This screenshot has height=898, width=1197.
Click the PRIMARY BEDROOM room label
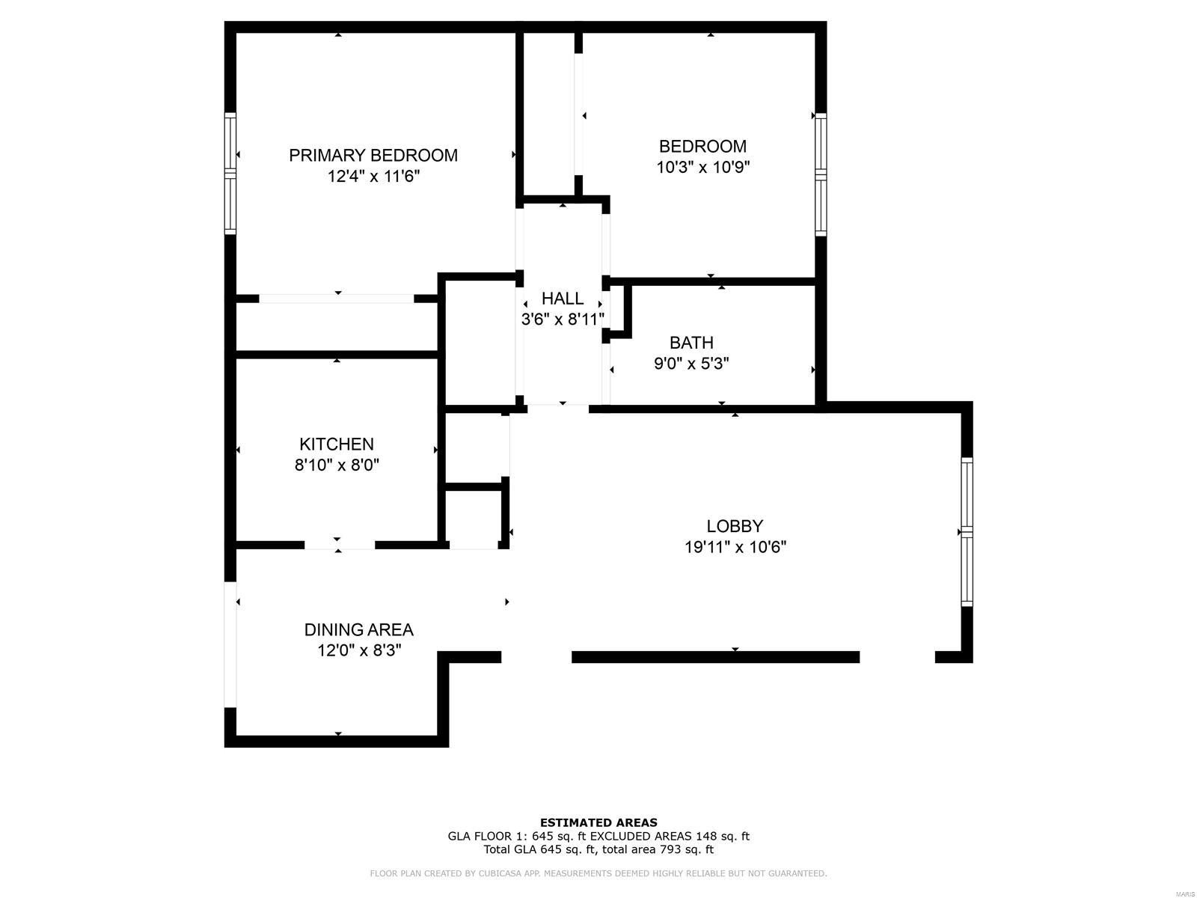(373, 156)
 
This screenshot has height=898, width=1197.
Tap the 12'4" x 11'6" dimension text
(373, 176)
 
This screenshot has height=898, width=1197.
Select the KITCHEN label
(337, 444)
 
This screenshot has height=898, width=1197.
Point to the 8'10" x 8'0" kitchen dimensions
(337, 465)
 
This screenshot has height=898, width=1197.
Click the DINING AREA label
(358, 630)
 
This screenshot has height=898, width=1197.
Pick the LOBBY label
(735, 526)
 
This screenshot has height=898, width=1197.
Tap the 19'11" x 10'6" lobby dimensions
(735, 547)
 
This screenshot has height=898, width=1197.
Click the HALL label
(563, 299)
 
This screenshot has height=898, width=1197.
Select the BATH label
(691, 343)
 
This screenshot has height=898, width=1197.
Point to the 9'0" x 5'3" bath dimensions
(691, 363)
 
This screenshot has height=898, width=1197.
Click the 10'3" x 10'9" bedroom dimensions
(703, 167)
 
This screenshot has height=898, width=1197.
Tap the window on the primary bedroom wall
(230, 174)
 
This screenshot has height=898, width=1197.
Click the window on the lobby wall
(967, 531)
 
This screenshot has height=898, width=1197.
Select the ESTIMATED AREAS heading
(598, 822)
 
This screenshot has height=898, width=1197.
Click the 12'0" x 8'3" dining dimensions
(359, 650)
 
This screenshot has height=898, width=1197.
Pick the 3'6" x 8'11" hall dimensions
(563, 319)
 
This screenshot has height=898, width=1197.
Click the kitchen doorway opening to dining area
(339, 545)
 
